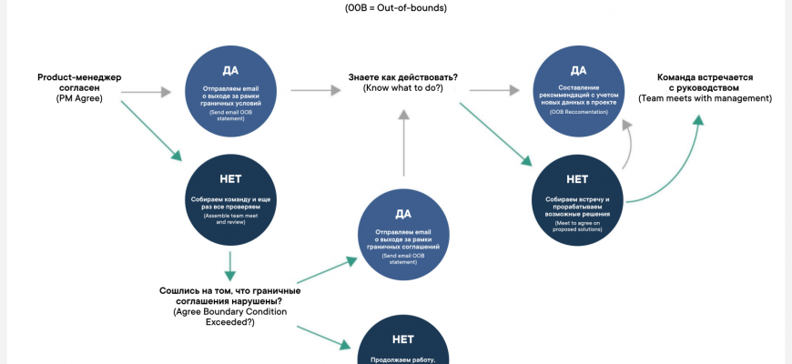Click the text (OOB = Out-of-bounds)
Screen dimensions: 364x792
point(396,8)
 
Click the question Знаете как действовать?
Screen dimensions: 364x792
point(402,77)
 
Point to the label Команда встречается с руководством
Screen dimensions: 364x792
point(705,83)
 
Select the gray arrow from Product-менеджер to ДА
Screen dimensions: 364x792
point(146,92)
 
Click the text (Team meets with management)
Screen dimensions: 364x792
point(705,98)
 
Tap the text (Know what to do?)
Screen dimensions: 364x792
point(402,88)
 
